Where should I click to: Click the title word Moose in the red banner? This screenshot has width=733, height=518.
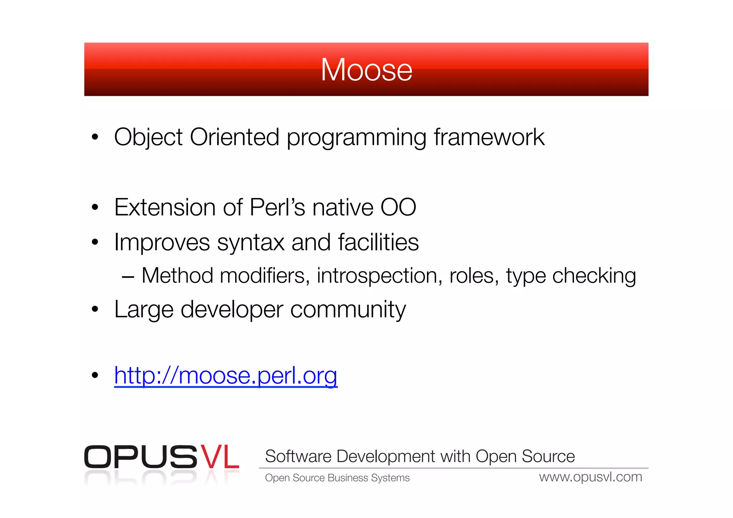coord(366,70)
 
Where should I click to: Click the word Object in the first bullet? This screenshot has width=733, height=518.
coord(148,137)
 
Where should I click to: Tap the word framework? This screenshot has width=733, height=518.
coord(489,137)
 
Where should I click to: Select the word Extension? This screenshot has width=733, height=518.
coord(164,207)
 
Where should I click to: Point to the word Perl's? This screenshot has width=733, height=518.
coord(277,207)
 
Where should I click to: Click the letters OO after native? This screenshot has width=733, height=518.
coord(398,207)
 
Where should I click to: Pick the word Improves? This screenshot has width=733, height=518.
coord(162,242)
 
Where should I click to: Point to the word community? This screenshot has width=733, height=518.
coord(348,309)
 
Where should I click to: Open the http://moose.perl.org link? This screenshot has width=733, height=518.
coord(225,376)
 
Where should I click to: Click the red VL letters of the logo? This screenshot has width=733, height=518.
coord(219,457)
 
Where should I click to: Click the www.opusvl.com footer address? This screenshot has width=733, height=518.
coord(591,477)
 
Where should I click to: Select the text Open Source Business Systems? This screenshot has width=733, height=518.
coord(337,478)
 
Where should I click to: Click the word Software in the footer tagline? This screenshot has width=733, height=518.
coord(298,456)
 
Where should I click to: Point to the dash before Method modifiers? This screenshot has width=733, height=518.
coord(128,277)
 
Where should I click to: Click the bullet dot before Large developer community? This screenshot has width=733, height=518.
coord(95,309)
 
